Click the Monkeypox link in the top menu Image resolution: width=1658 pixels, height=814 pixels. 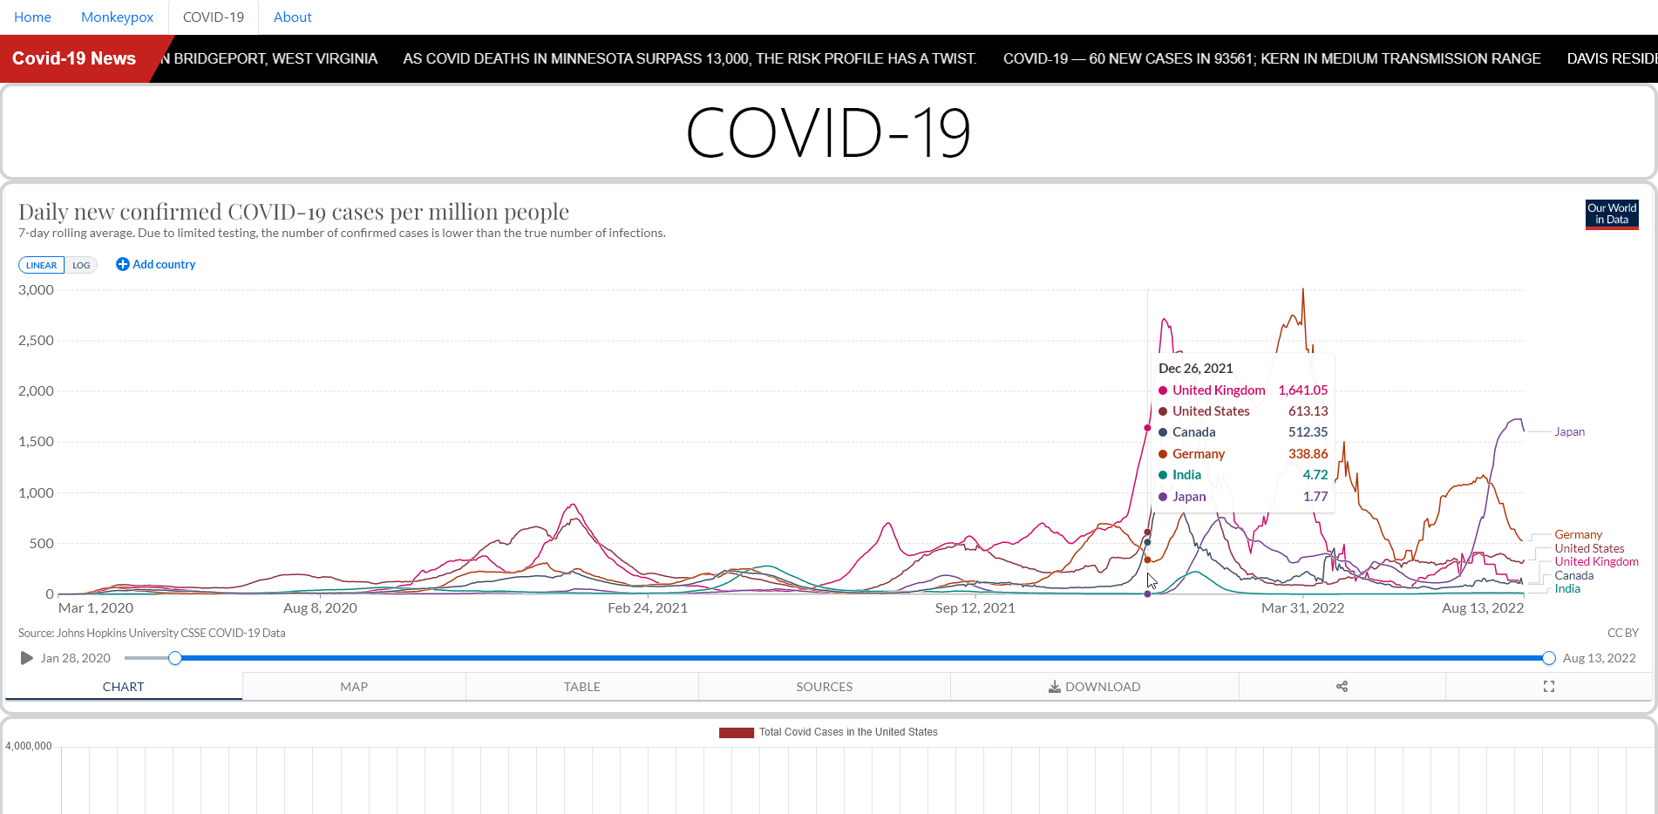pyautogui.click(x=117, y=17)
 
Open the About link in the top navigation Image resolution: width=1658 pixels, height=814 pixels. pyautogui.click(x=292, y=17)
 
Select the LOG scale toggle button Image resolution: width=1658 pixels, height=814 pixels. pyautogui.click(x=81, y=265)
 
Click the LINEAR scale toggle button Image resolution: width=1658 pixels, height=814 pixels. pyautogui.click(x=41, y=265)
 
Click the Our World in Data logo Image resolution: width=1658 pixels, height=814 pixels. pyautogui.click(x=1612, y=214)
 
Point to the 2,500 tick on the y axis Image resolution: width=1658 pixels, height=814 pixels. pyautogui.click(x=36, y=341)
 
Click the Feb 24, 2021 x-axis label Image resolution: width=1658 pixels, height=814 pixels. pyautogui.click(x=647, y=608)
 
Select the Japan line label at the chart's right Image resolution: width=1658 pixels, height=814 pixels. pyautogui.click(x=1569, y=431)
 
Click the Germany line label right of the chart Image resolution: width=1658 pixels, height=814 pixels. pyautogui.click(x=1578, y=534)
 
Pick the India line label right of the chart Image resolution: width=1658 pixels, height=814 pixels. pyautogui.click(x=1566, y=589)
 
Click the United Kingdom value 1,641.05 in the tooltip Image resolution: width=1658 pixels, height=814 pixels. pyautogui.click(x=1302, y=390)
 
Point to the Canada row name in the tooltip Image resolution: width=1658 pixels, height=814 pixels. pyautogui.click(x=1193, y=432)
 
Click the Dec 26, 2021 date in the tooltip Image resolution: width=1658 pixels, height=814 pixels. pyautogui.click(x=1195, y=369)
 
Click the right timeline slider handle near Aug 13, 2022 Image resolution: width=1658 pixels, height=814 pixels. pyautogui.click(x=1548, y=658)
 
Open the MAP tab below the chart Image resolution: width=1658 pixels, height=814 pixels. pyautogui.click(x=354, y=687)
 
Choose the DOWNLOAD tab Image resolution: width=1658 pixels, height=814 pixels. pyautogui.click(x=1094, y=687)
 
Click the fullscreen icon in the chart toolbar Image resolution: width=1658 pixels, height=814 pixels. pyautogui.click(x=1548, y=687)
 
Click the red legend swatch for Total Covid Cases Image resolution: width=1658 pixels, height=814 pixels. pyautogui.click(x=736, y=733)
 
